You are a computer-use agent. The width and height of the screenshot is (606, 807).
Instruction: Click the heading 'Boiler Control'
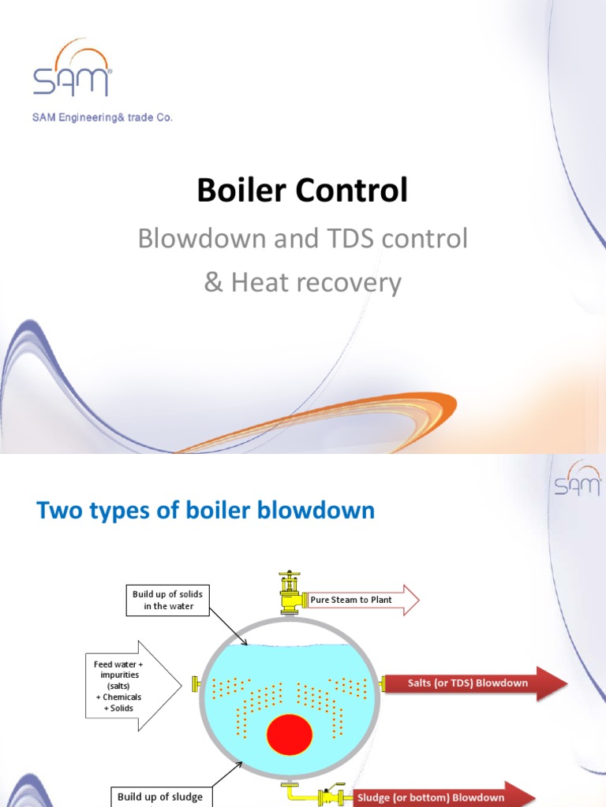302,191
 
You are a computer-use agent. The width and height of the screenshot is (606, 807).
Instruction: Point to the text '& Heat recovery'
302,282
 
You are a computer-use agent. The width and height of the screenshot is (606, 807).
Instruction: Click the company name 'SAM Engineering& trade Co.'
102,117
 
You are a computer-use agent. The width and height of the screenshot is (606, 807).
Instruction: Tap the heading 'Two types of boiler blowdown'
206,511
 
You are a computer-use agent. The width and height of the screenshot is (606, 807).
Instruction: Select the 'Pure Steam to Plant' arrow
361,600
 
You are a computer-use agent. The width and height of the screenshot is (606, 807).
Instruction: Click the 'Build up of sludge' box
160,797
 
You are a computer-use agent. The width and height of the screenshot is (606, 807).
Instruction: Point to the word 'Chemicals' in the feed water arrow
122,697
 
